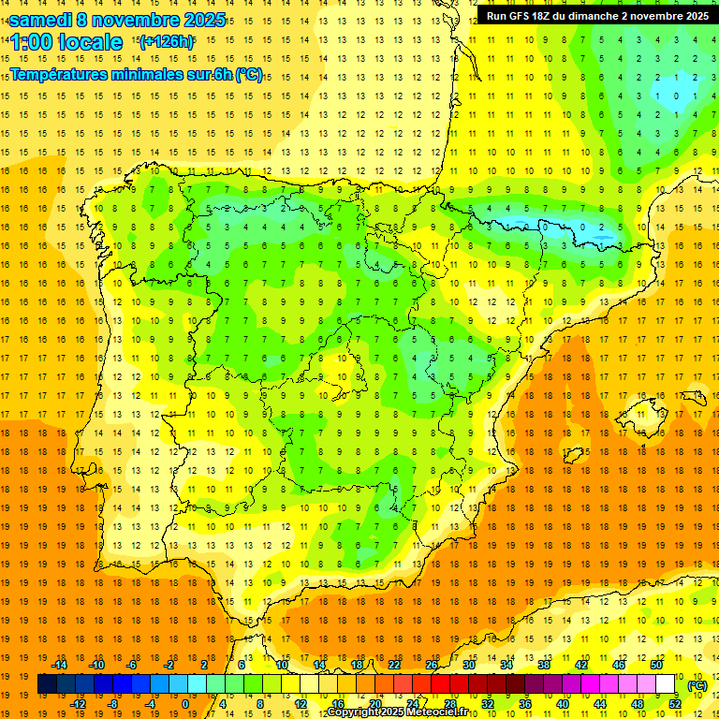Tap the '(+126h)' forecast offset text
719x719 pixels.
point(166,42)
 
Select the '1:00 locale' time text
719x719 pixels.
point(66,42)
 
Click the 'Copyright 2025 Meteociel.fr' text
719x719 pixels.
point(397,712)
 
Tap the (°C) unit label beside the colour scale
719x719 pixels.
point(697,685)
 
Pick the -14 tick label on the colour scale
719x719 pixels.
point(60,665)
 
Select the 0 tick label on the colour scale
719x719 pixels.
point(185,704)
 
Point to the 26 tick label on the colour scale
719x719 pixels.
point(432,665)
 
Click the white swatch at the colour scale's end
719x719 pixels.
point(666,684)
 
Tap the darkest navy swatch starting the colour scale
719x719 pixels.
point(47,684)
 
